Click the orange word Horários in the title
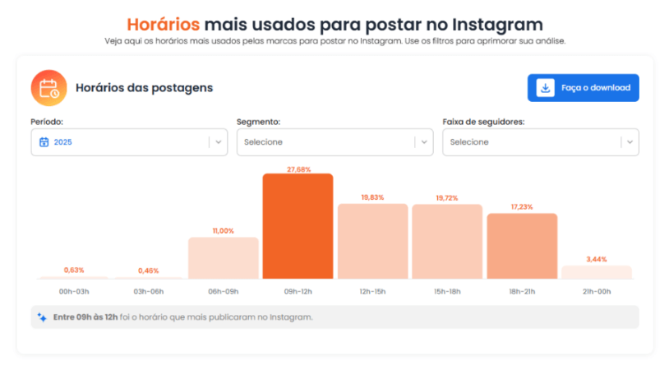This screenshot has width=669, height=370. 162,25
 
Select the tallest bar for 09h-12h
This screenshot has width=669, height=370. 298,226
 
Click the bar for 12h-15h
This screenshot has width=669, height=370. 372,242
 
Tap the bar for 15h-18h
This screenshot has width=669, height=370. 447,242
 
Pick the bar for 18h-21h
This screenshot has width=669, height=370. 522,246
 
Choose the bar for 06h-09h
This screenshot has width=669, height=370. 223,258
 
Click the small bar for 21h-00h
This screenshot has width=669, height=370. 596,272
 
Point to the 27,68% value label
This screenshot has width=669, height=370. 298,169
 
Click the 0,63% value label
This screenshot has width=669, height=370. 74,270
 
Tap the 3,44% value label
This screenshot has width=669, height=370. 596,259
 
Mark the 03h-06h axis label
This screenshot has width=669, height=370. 148,290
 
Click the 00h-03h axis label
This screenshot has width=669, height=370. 74,290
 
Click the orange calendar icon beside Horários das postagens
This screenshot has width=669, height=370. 48,87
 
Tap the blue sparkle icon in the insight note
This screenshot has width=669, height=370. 42,317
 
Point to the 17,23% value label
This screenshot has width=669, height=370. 522,207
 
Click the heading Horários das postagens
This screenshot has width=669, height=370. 144,87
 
